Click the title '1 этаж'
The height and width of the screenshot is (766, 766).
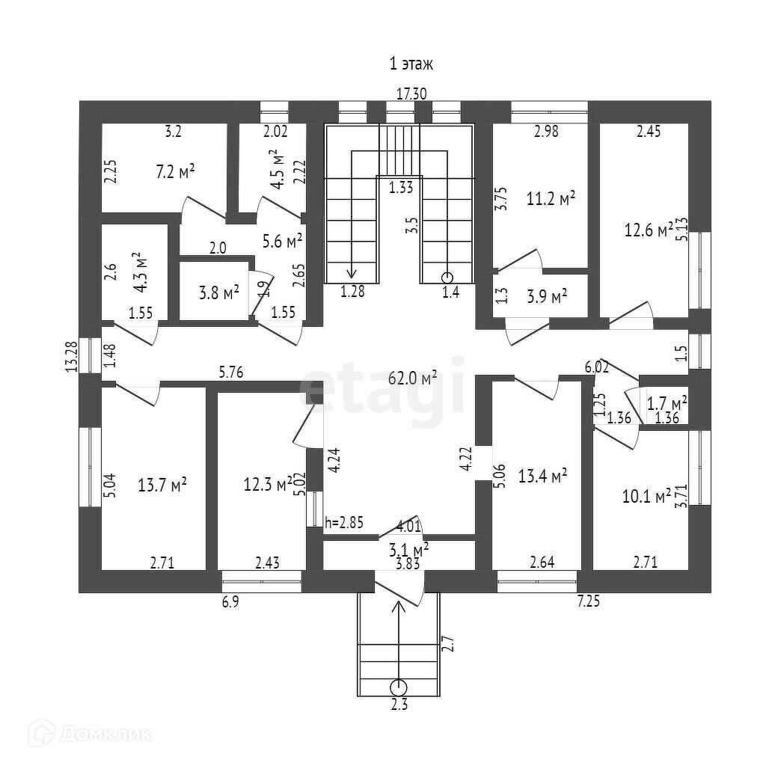[x=411, y=64]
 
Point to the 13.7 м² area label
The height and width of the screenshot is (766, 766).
[x=162, y=484]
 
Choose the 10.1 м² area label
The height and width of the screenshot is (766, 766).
[x=646, y=496]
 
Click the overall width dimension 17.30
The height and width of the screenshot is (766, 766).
[x=411, y=94]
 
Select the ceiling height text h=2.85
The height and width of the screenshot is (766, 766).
[x=344, y=523]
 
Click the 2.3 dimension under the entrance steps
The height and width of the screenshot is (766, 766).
[x=399, y=702]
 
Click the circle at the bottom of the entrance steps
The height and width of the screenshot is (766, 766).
[x=399, y=686]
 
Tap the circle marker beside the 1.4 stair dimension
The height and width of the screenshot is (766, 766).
[x=447, y=277]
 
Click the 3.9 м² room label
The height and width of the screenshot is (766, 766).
[x=546, y=295]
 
